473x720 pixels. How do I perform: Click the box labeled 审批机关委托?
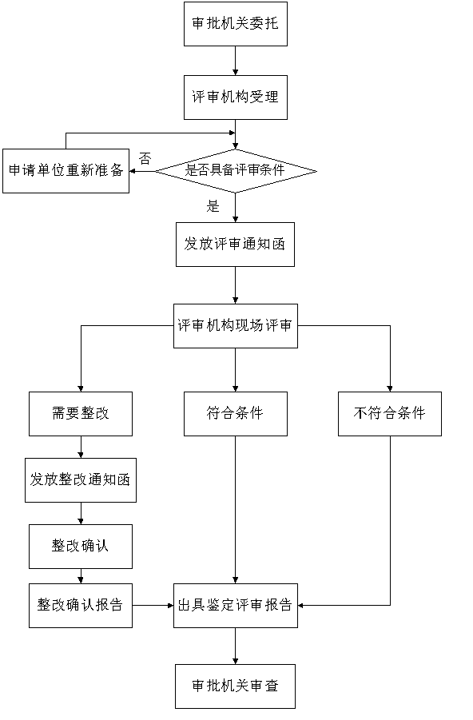coord(236,24)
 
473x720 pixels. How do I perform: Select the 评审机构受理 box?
coord(236,97)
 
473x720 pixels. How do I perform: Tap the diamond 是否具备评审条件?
coord(236,171)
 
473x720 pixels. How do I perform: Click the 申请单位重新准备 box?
coord(66,171)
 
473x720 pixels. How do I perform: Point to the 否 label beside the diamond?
coord(145,159)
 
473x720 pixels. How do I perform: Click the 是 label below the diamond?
coord(213,206)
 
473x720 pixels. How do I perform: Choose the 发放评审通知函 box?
coord(235,245)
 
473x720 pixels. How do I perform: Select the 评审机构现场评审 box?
coord(236,325)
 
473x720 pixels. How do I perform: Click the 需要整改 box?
coord(81,414)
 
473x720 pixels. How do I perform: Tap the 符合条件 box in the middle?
coord(236,414)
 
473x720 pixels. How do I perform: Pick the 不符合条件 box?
coord(390,414)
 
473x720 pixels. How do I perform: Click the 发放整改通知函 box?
coord(81,479)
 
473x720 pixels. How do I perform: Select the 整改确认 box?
coord(81,547)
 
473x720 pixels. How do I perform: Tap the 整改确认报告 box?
coord(81,606)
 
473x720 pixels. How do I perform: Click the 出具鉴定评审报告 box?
coord(236,606)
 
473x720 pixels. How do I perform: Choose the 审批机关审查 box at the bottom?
coord(235,686)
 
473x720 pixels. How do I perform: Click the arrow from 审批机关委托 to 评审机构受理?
coord(236,61)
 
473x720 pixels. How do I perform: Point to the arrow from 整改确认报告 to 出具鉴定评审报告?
coord(153,606)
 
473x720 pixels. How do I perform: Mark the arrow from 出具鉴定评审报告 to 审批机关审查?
coord(236,646)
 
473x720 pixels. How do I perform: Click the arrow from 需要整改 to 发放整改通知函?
coord(81,448)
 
